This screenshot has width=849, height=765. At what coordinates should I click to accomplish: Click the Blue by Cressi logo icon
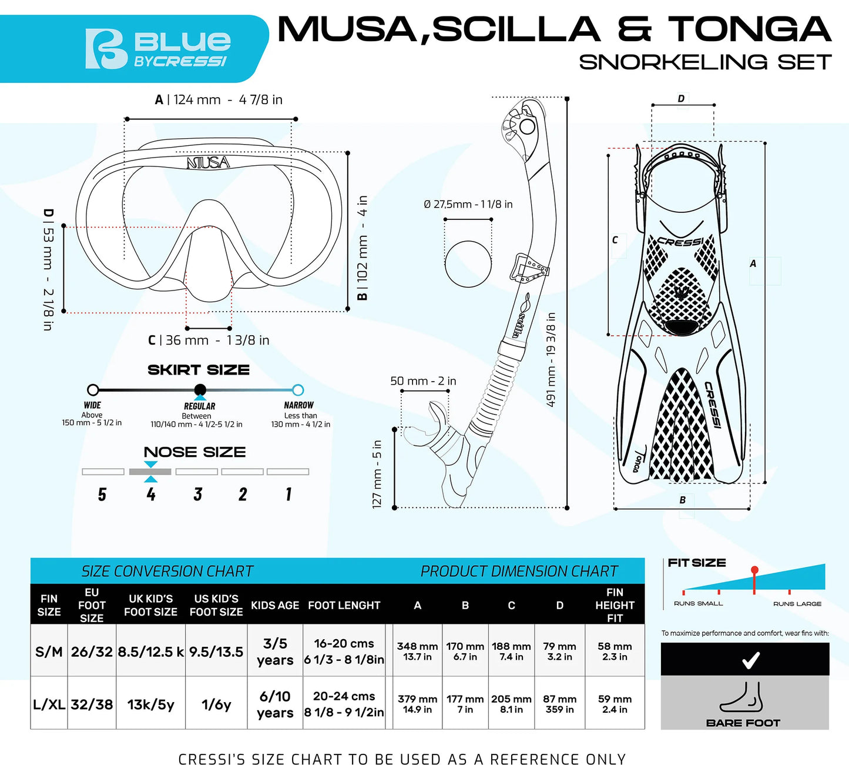click(106, 49)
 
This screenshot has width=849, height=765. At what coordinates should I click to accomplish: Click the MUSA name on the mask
click(207, 162)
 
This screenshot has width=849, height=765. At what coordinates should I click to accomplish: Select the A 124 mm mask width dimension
click(219, 100)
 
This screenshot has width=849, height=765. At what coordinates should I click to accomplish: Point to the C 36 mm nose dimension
click(209, 340)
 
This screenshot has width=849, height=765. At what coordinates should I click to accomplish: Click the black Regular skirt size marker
click(200, 389)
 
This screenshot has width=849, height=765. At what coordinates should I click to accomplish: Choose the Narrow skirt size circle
click(298, 390)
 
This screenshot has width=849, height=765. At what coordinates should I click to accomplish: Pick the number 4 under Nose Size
click(151, 495)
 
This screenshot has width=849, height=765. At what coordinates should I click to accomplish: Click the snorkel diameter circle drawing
click(468, 263)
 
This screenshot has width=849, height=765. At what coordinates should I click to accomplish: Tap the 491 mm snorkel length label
click(551, 359)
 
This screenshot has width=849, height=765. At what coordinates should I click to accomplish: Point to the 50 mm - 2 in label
click(423, 381)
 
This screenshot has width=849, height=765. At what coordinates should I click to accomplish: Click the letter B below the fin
click(682, 500)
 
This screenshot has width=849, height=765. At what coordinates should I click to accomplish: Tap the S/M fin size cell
click(49, 652)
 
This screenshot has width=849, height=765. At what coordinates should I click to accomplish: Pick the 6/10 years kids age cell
click(275, 704)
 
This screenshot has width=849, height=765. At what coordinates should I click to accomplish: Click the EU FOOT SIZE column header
click(92, 605)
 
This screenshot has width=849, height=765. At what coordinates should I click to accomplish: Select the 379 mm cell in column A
click(417, 703)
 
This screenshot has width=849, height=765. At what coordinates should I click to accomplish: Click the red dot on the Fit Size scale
click(754, 570)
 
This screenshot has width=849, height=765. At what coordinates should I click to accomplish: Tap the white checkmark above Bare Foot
click(750, 660)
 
